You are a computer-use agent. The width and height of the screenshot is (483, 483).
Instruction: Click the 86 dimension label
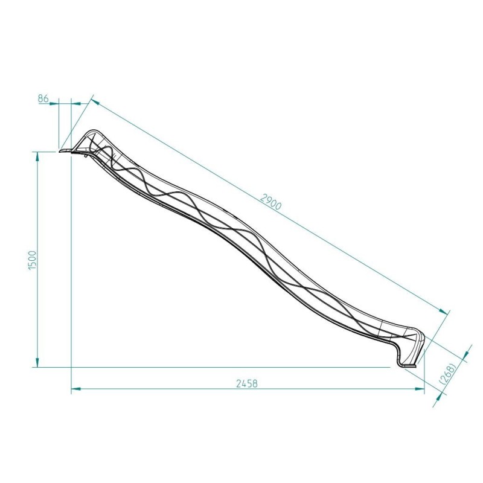click(44, 98)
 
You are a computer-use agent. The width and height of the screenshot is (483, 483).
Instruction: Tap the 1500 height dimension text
click(33, 260)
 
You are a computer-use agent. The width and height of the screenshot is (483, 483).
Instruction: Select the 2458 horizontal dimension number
click(248, 383)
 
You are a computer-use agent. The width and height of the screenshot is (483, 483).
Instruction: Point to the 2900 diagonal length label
click(270, 202)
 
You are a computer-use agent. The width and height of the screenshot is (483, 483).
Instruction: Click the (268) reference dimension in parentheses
click(448, 373)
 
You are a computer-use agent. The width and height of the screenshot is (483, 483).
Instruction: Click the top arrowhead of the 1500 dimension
click(37, 156)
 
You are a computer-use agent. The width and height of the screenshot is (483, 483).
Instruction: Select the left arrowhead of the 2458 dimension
click(75, 389)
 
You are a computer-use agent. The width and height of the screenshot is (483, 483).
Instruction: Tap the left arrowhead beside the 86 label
click(56, 103)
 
